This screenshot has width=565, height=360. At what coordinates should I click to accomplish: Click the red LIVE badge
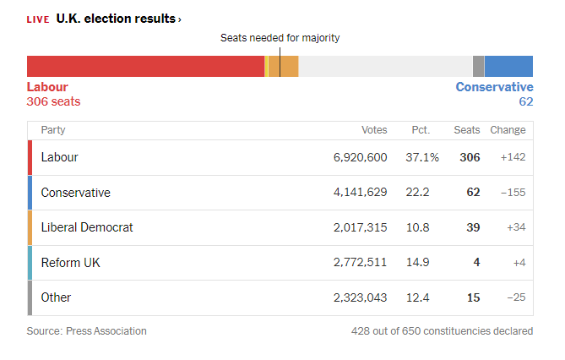coord(38,19)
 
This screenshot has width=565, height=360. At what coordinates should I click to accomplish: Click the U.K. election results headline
coord(116,19)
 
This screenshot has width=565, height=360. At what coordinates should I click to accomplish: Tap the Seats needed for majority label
coord(280,37)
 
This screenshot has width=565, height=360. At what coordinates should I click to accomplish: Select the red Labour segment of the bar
coord(145,67)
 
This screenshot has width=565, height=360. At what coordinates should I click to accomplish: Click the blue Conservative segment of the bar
coord(508,67)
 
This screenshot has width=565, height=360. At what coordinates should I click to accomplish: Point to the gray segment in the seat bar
coord(479,67)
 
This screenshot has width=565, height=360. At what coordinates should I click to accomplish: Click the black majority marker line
coord(280,62)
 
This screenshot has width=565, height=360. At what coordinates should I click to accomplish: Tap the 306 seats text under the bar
coord(53,101)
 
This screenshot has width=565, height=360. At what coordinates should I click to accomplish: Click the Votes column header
coord(374,130)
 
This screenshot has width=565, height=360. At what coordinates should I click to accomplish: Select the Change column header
coord(508,130)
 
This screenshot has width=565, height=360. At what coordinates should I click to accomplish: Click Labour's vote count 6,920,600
coord(360,157)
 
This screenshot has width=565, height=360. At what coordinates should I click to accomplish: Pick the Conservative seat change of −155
coord(513,193)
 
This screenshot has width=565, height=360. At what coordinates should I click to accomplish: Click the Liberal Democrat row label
coord(87,227)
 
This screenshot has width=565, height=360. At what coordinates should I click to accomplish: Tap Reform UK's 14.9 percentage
coord(417,262)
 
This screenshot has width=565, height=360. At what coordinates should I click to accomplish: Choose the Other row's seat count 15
coord(474,297)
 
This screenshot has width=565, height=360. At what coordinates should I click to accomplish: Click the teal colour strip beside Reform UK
coord(30,263)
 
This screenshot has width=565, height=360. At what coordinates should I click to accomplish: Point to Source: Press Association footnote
coord(86,330)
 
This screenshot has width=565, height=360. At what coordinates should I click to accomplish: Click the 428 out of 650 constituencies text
coord(443,330)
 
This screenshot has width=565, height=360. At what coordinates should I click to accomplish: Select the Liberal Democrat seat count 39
coord(473,227)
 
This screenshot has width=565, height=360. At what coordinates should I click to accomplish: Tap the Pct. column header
coord(421,130)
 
